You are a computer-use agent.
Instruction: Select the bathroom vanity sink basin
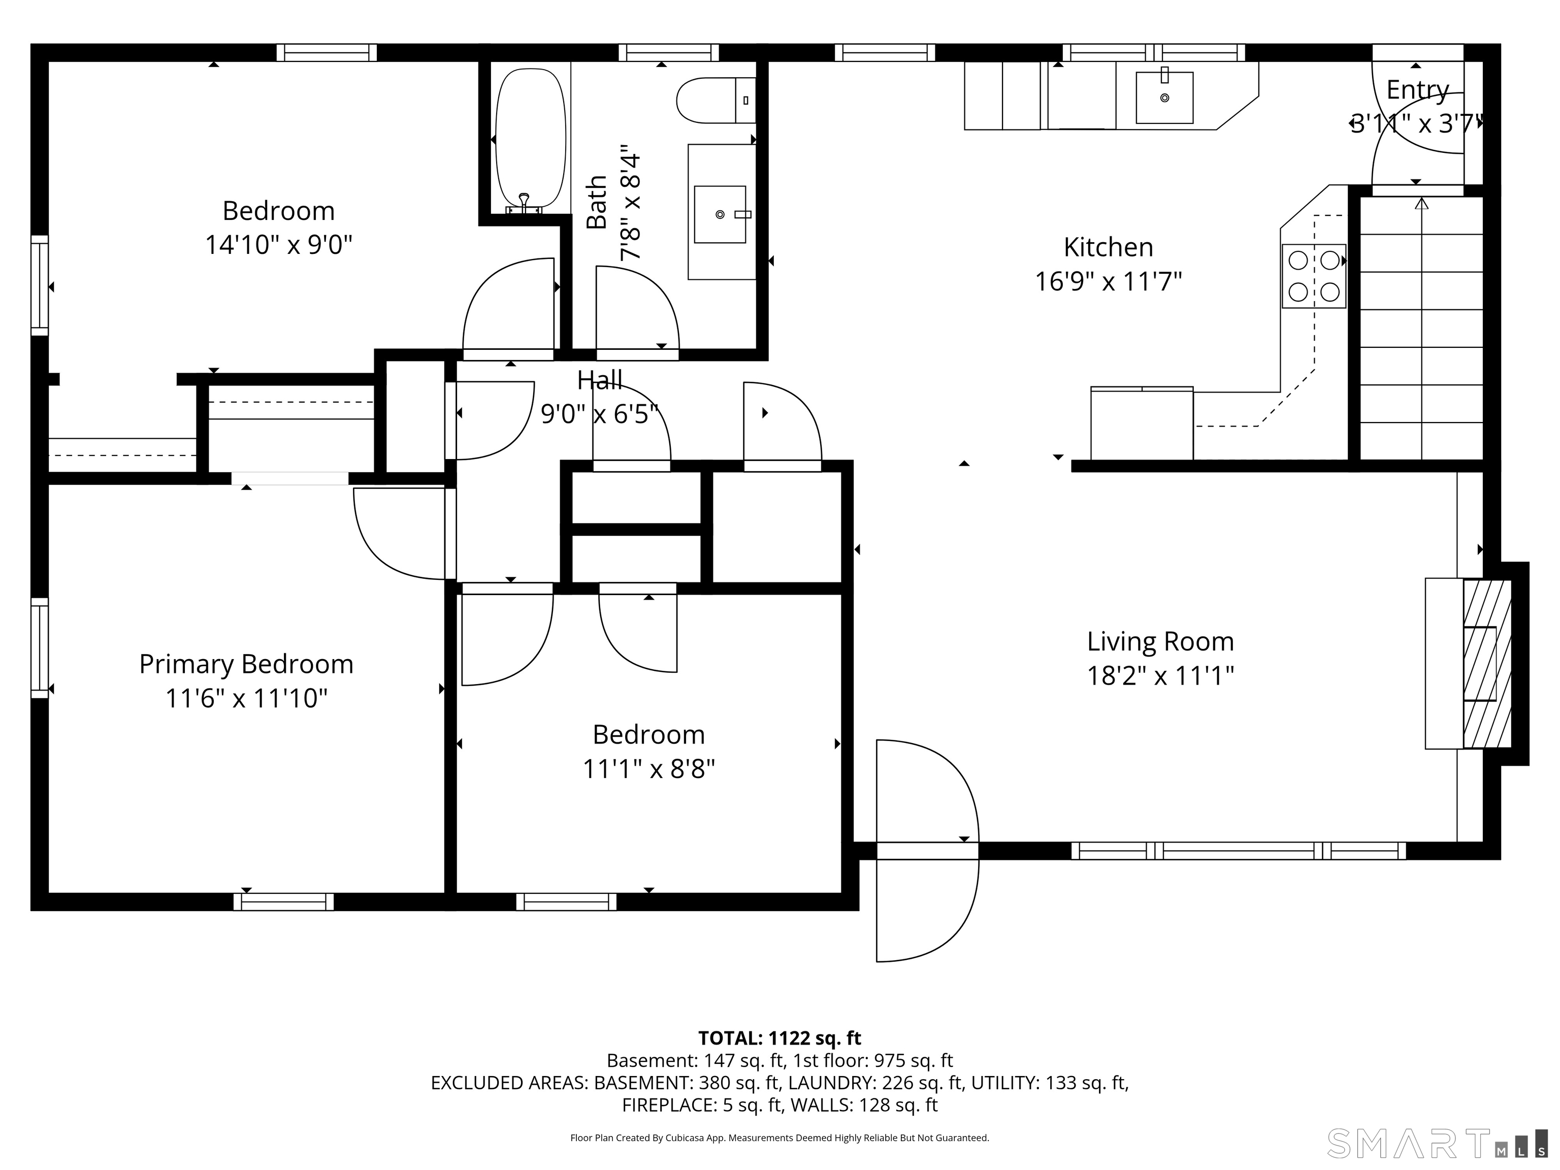coord(720,214)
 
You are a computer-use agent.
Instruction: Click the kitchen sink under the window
coord(1164,97)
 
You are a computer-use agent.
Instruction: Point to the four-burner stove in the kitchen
coord(1313,276)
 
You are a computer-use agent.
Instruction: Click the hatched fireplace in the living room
coord(1487,663)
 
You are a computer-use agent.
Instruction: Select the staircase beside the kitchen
coord(1420,328)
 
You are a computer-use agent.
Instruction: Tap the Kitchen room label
coord(1108,247)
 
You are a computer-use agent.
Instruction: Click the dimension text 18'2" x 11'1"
coord(1160,675)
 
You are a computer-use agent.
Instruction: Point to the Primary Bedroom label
coord(246,664)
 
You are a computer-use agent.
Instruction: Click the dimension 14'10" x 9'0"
coord(279,245)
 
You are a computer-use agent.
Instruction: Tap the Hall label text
coord(599,381)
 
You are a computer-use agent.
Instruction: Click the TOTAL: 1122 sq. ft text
coord(779,1038)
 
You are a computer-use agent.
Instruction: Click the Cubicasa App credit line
coord(779,1137)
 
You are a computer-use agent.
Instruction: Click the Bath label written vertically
coord(597,203)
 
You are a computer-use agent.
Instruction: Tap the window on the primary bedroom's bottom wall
coord(283,901)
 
